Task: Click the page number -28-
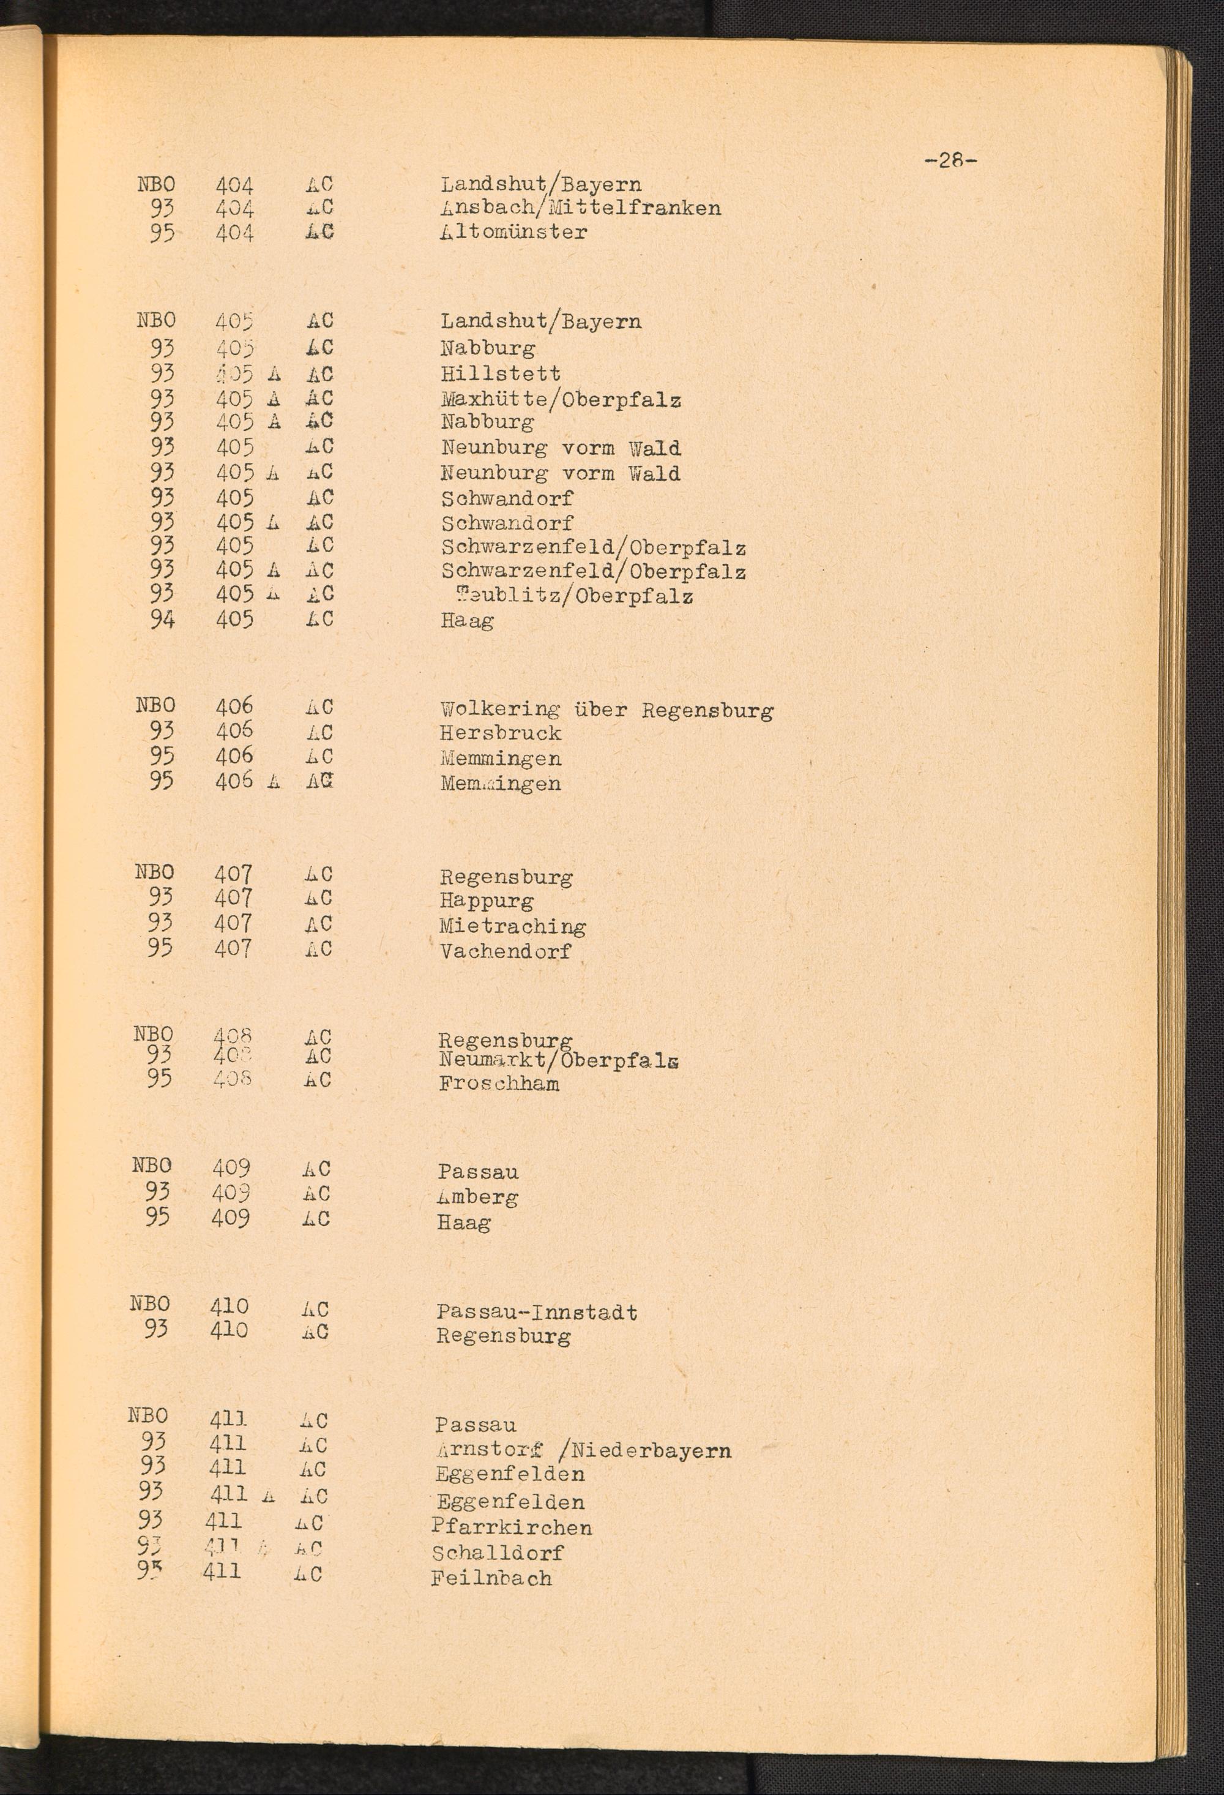pos(950,160)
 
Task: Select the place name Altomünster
pos(513,231)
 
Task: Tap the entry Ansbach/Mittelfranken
pos(581,208)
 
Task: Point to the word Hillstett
pos(501,374)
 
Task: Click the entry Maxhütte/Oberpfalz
pos(561,399)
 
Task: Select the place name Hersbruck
pos(501,733)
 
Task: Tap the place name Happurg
pos(487,901)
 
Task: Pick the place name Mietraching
pos(513,926)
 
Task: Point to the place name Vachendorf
pos(505,951)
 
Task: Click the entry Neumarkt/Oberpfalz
pos(559,1060)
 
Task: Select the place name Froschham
pos(499,1084)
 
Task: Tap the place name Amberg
pos(477,1197)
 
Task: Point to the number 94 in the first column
pos(162,620)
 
